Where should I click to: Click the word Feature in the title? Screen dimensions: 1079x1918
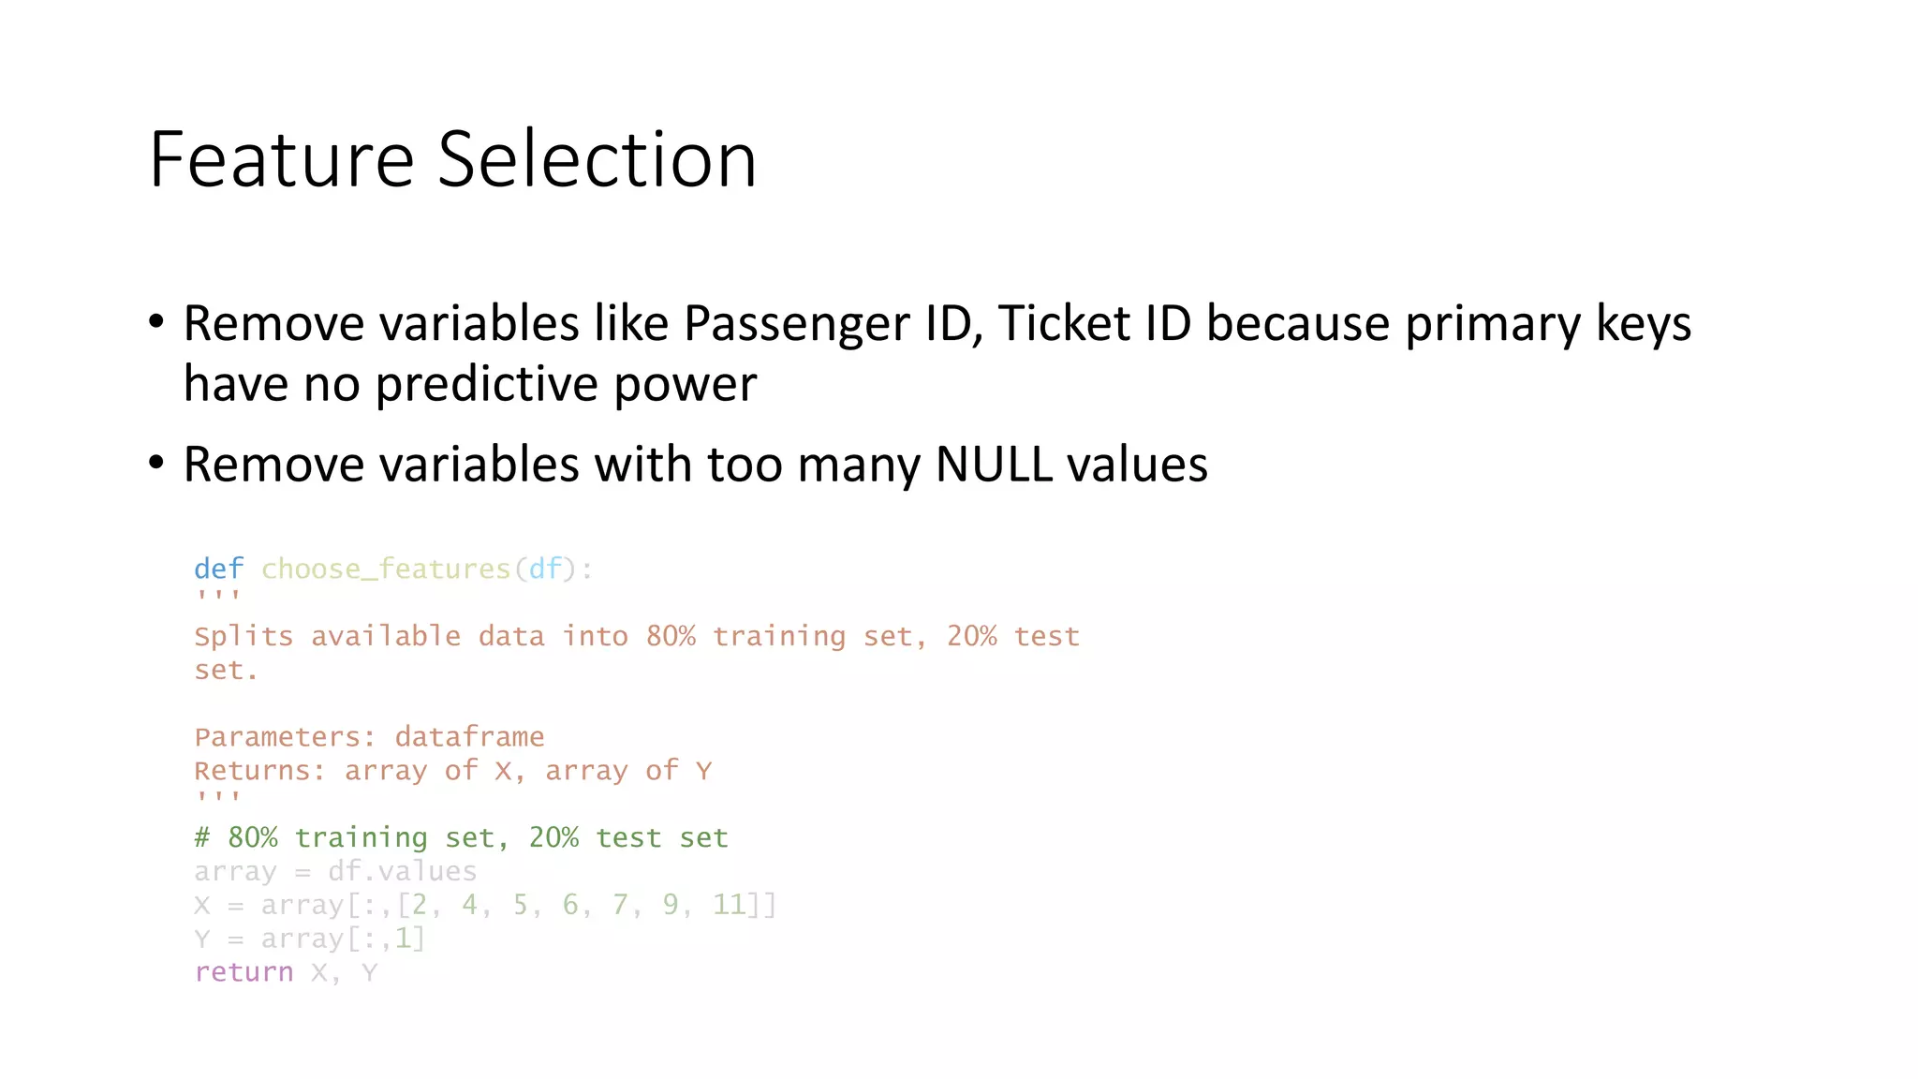281,160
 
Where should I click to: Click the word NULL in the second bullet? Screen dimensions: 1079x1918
994,465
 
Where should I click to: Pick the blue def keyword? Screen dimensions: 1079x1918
218,569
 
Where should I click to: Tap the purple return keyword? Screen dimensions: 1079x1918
243,972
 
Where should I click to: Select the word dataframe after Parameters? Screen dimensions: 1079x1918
469,737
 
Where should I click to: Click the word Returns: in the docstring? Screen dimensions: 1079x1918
259,771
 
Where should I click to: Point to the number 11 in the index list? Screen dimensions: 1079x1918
730,905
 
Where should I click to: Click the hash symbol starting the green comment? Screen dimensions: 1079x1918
202,837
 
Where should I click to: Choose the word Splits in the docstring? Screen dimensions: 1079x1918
243,637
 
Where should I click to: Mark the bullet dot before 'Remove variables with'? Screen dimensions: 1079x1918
156,463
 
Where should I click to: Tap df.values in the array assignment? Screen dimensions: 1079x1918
402,871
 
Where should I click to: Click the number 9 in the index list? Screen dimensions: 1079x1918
671,905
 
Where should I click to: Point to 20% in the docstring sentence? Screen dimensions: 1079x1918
971,636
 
